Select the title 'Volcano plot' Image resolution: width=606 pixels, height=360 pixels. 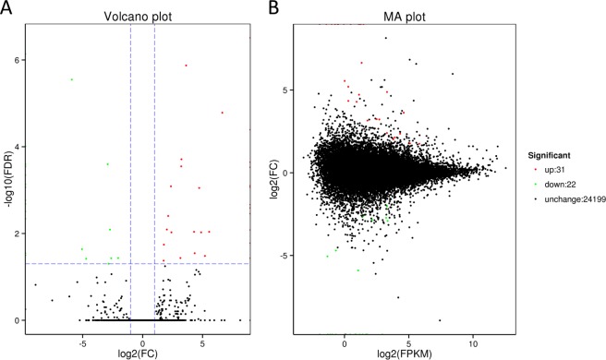(x=141, y=16)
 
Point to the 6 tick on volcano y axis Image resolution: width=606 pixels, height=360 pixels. (x=18, y=60)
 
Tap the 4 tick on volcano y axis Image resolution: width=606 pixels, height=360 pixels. (x=18, y=147)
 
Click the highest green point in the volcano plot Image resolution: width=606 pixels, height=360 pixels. (x=71, y=79)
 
